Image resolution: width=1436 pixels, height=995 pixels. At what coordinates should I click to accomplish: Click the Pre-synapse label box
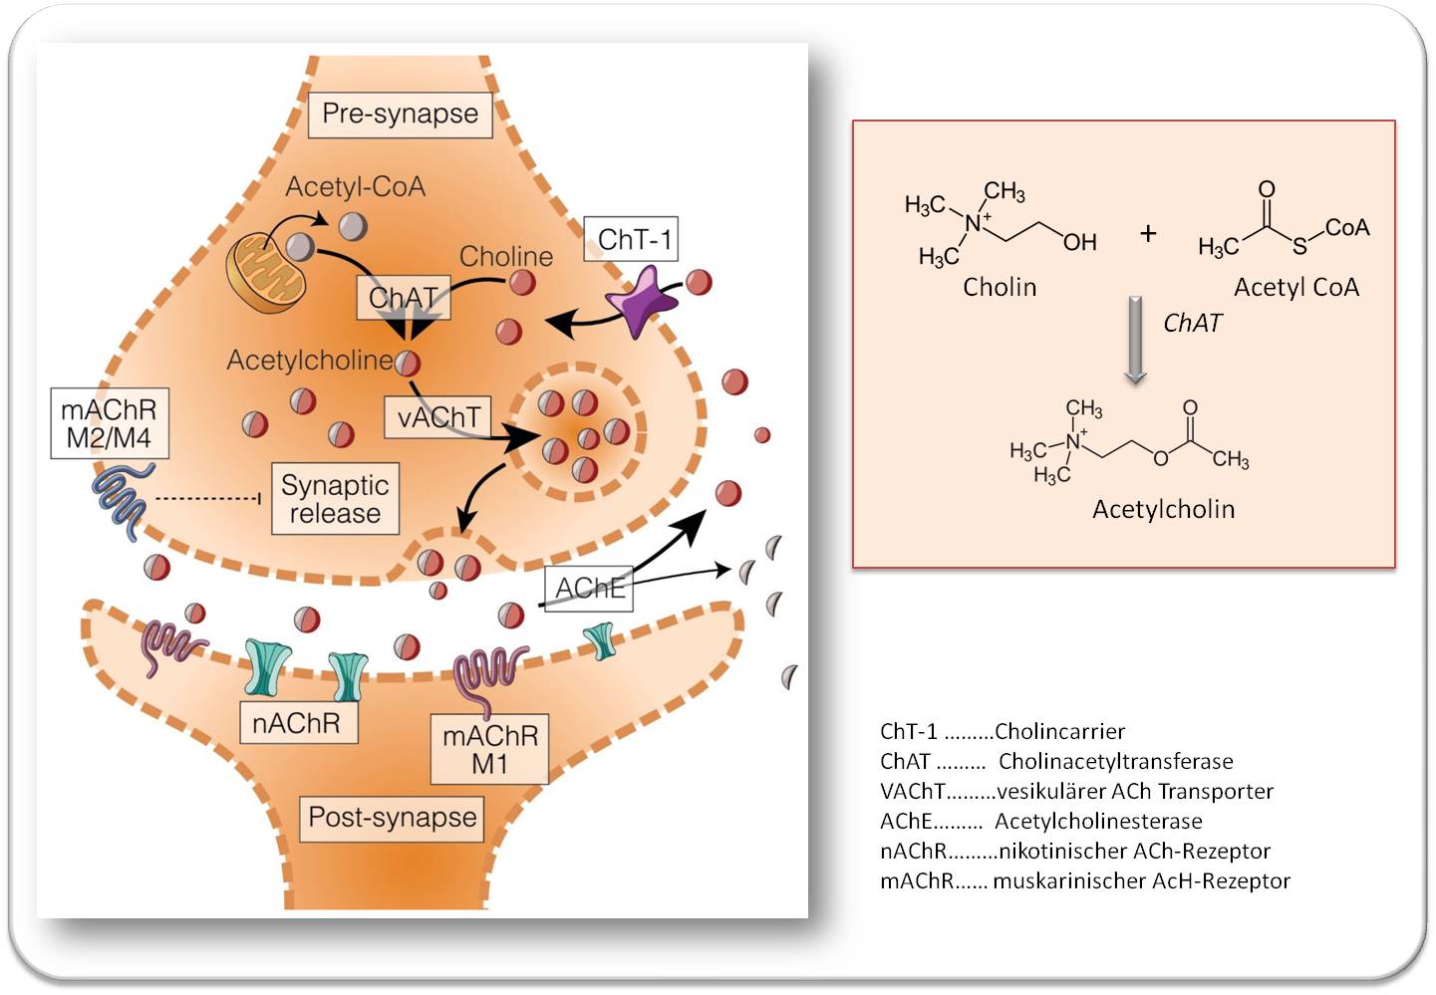400,115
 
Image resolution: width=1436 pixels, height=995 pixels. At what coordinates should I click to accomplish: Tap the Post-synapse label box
393,818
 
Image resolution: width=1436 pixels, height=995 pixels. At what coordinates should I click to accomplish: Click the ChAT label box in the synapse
403,298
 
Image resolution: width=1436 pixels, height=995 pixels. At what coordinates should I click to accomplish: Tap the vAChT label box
438,417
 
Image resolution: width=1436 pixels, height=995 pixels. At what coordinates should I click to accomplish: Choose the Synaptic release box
335,499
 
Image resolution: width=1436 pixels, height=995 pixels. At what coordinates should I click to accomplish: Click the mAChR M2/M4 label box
109,424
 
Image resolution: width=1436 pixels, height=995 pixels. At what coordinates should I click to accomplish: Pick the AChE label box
590,589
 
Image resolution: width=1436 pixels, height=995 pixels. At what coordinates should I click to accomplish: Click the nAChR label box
296,723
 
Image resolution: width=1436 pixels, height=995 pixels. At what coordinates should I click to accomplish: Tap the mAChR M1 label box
489,749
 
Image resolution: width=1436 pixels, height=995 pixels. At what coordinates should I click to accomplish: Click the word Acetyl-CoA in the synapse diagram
355,187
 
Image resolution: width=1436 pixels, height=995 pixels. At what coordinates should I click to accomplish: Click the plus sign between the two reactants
1148,233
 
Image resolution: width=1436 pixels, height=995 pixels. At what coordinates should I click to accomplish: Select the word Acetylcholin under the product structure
1163,509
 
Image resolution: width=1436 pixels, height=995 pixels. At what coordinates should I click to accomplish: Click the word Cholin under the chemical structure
1000,288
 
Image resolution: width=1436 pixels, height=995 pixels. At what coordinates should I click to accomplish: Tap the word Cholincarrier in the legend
1059,732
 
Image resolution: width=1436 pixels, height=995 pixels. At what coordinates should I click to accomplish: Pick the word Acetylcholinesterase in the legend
1098,822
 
